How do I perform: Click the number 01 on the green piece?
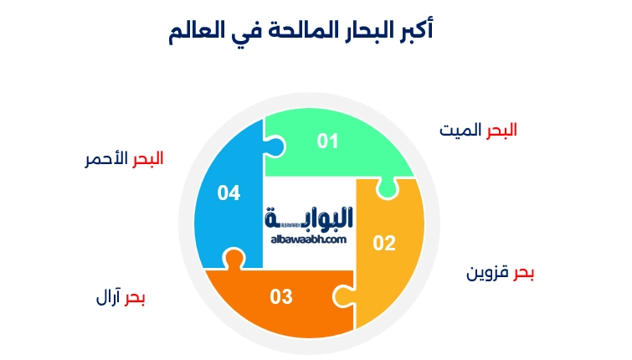coord(327,141)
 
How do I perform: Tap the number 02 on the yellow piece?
coord(383,244)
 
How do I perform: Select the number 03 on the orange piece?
coord(280,296)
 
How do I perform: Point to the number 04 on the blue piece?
coord(229,193)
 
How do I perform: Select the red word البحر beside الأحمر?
coord(148,159)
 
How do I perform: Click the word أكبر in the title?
coord(412,32)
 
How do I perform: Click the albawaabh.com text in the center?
coord(309,239)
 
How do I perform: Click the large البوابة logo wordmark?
coord(309,219)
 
